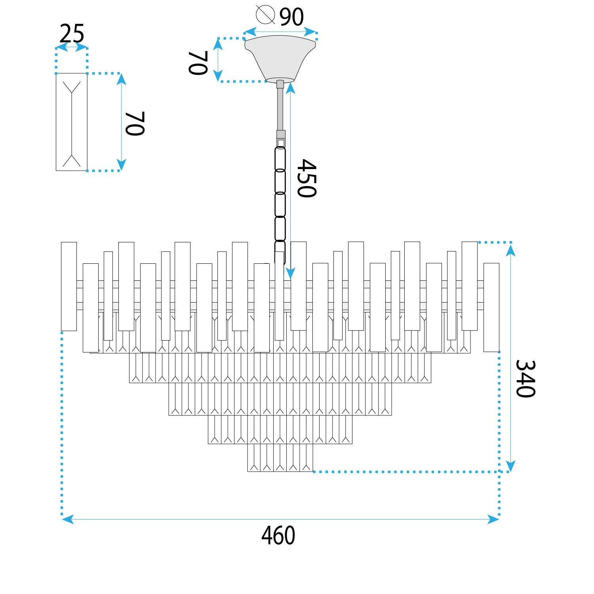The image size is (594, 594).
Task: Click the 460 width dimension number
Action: tap(278, 536)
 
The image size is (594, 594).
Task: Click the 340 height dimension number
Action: tap(525, 379)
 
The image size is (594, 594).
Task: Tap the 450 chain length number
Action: tap(307, 178)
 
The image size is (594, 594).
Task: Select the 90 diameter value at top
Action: tap(291, 17)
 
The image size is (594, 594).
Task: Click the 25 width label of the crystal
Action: tap(72, 34)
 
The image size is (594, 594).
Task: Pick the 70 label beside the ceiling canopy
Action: tap(198, 63)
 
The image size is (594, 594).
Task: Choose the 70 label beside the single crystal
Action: tap(135, 124)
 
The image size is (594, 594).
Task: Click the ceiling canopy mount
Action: tap(280, 57)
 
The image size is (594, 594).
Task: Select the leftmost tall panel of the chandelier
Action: tap(69, 286)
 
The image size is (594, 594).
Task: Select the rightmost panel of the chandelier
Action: tap(491, 307)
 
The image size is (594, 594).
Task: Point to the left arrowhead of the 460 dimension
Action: tap(67, 519)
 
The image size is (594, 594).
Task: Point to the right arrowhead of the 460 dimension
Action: tap(494, 519)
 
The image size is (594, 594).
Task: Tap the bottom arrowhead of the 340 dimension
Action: tap(510, 466)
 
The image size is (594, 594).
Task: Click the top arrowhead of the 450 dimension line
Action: tap(291, 88)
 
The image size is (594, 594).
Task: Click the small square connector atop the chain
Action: tap(281, 143)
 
